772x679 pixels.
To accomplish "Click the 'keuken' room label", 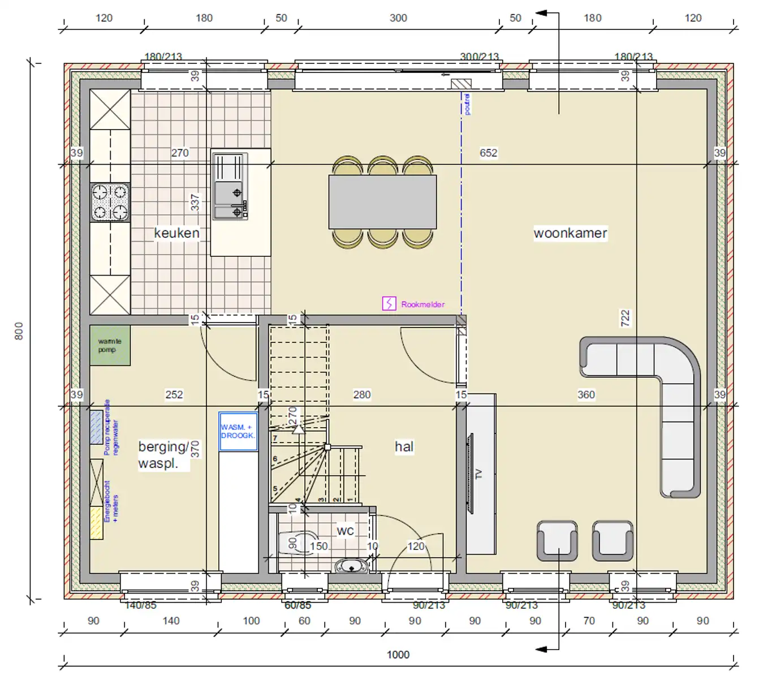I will [x=176, y=233].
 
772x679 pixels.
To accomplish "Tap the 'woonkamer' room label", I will [x=570, y=233].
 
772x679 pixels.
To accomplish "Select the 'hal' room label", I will [x=404, y=447].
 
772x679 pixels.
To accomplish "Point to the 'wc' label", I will [x=345, y=531].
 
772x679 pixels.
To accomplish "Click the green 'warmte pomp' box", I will [x=110, y=345].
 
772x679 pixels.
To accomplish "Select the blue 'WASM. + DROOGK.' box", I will [x=238, y=432].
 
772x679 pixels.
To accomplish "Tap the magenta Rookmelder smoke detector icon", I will [x=389, y=304].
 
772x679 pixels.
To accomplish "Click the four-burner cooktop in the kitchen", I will [x=110, y=202].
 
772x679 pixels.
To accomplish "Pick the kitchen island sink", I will [x=230, y=187].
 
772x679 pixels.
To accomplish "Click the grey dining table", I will [x=382, y=202].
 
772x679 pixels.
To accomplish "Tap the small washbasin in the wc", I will [x=351, y=565].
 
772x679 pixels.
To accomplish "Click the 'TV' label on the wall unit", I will [x=479, y=474].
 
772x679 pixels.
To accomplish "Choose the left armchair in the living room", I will [x=557, y=541].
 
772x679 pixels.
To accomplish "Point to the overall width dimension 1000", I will [x=398, y=655].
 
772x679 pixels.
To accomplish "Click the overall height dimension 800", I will [x=19, y=331].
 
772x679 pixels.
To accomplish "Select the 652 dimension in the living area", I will [x=488, y=153].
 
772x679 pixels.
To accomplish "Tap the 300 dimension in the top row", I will [x=398, y=18].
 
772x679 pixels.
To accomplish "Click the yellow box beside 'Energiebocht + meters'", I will [x=97, y=523].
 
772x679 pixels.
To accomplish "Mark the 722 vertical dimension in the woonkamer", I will [x=625, y=318].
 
